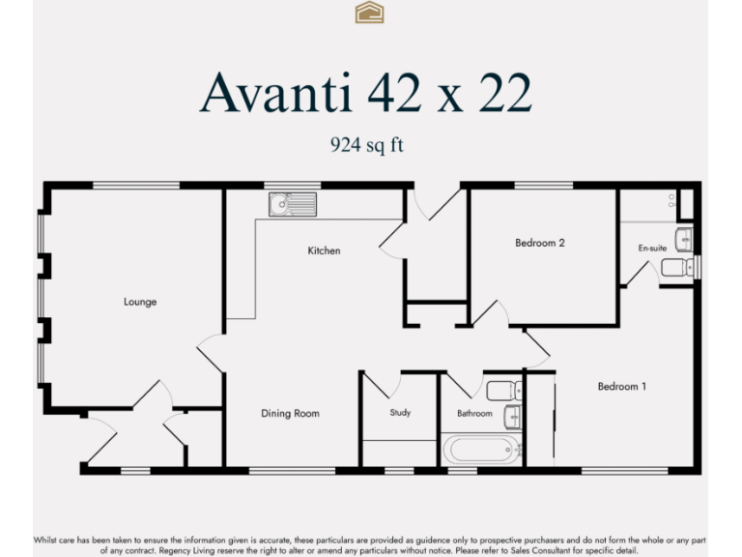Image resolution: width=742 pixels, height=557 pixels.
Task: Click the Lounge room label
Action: click(x=140, y=302)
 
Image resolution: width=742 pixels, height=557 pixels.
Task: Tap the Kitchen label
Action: click(x=324, y=250)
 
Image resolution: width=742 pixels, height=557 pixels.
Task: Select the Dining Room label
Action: click(x=290, y=414)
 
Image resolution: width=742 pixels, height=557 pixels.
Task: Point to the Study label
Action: click(x=400, y=413)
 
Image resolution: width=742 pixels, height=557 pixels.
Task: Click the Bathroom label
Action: click(x=474, y=414)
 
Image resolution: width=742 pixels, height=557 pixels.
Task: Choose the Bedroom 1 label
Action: click(x=621, y=387)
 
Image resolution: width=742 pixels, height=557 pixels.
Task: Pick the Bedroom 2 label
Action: click(x=540, y=243)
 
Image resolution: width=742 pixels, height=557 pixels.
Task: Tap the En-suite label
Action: click(x=652, y=249)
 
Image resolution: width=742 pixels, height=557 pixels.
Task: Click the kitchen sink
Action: click(x=292, y=204)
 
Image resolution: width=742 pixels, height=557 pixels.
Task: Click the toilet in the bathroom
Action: click(x=503, y=391)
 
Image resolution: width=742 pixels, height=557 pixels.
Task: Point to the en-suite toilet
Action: click(x=679, y=267)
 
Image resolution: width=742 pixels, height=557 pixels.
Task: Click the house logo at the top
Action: click(x=370, y=12)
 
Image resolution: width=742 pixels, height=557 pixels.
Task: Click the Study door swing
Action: click(x=379, y=386)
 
